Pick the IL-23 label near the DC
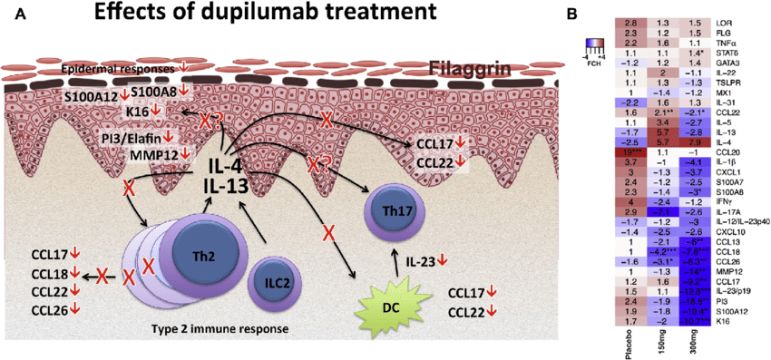[424, 261]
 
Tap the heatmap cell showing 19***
[630, 152]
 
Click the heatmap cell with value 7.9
[695, 142]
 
